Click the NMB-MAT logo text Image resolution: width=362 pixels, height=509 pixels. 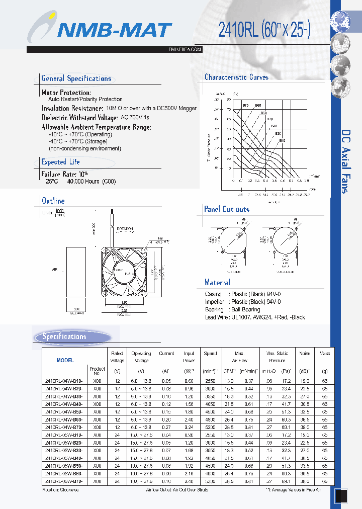(114, 31)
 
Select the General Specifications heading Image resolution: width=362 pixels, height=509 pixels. (76, 78)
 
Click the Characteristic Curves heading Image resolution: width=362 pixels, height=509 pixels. (236, 77)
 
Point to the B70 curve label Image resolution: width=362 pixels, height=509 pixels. (245, 105)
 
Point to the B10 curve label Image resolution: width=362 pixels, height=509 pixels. (282, 141)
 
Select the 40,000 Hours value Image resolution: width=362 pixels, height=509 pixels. (84, 181)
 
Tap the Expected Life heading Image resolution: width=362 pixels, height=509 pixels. (60, 162)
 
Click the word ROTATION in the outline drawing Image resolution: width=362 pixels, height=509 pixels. (125, 229)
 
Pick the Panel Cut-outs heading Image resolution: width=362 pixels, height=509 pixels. (226, 209)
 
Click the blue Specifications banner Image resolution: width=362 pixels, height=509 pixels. (72, 337)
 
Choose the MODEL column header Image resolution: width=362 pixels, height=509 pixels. (65, 360)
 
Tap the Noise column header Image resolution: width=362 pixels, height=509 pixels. (305, 354)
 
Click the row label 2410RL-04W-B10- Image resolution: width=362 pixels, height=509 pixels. (64, 381)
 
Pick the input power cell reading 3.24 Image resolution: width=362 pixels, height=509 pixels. (189, 427)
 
